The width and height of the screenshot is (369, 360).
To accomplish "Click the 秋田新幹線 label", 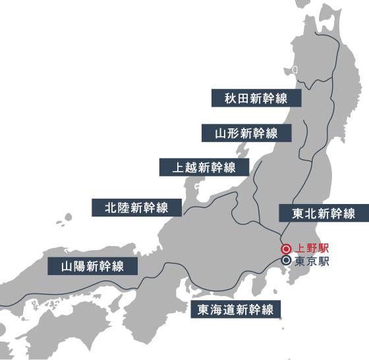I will click(x=256, y=99).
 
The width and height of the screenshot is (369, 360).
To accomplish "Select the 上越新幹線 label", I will click(x=204, y=168).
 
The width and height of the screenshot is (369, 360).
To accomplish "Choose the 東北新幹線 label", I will click(x=324, y=214).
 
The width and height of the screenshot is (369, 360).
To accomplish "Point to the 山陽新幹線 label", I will click(x=93, y=267).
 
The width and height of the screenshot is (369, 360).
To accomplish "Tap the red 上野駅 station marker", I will click(x=286, y=249).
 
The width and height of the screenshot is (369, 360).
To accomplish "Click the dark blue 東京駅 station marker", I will click(x=286, y=261).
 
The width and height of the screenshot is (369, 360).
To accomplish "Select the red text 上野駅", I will click(x=312, y=249).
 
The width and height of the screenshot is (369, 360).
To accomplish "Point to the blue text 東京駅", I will click(x=312, y=261).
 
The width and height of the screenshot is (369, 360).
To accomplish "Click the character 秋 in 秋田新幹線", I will click(x=231, y=99).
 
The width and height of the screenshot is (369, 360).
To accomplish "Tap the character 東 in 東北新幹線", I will click(x=298, y=214).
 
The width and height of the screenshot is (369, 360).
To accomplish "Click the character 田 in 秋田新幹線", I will click(x=243, y=99).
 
